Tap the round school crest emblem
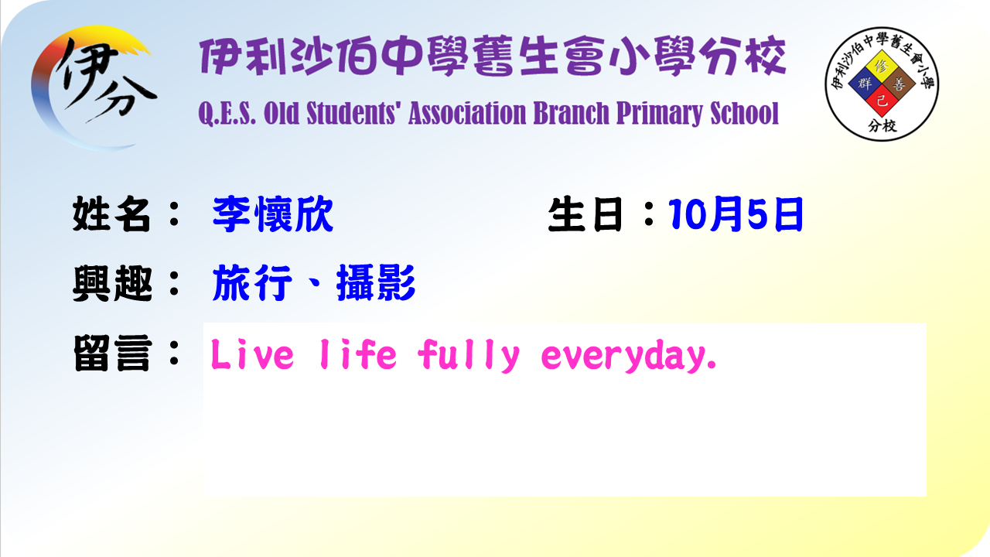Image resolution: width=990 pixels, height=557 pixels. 882,84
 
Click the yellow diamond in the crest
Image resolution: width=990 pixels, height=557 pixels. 882,67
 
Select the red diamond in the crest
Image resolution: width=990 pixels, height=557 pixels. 882,101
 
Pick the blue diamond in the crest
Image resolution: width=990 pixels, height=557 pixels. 865,84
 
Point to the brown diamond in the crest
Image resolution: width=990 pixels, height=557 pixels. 900,84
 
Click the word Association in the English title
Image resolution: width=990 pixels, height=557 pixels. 467,113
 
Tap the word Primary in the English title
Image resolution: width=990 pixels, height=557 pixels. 660,114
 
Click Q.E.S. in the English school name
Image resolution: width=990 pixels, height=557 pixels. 227,114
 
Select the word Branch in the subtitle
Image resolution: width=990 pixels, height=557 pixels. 571,113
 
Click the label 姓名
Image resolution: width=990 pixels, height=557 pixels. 111,214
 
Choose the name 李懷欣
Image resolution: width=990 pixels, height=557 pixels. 273,214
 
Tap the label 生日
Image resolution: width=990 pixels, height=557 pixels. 586,214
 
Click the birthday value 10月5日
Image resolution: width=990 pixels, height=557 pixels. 736,214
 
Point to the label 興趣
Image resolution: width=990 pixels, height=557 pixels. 112,283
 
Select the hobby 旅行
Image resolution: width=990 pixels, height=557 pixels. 252,283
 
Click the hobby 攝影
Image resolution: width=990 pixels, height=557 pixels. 376,283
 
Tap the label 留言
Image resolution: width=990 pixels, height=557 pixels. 112,354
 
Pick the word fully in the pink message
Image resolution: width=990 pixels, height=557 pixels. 469,355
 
